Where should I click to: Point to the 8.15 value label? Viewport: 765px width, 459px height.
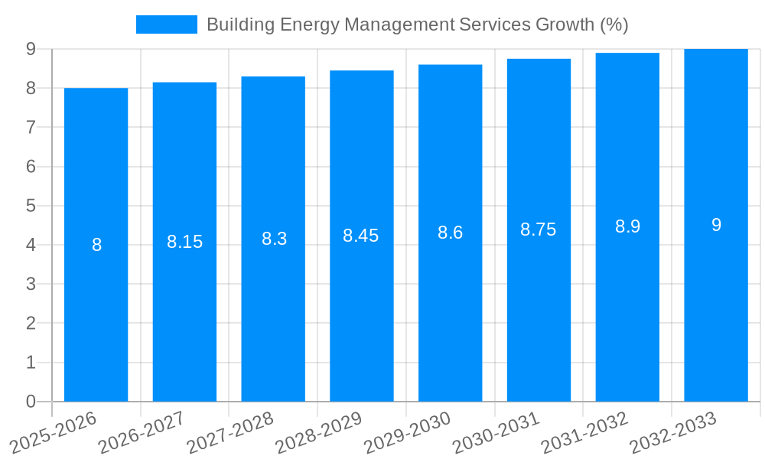185,242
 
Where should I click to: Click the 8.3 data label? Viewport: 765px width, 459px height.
274,239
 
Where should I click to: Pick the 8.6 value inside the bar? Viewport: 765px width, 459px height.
451,233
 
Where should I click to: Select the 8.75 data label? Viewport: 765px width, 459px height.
539,229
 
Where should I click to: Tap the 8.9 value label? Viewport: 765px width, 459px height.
627,226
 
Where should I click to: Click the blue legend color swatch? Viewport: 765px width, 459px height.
166,24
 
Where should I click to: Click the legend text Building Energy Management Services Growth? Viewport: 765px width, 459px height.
417,24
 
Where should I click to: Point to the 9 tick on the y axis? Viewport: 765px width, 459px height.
31,49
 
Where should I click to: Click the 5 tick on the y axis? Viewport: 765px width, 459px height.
31,206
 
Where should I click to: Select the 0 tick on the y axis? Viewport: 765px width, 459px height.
31,402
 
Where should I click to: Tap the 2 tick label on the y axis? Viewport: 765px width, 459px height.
31,324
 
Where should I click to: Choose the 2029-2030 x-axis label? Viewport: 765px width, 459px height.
406,433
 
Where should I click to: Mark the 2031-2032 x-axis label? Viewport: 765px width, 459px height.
584,433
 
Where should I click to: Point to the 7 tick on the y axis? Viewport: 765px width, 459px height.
31,128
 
